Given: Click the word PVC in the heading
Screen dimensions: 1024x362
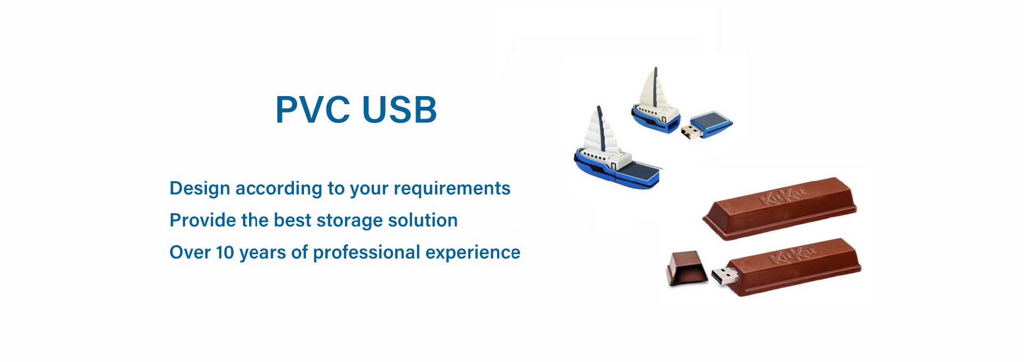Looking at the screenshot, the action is pos(313,109).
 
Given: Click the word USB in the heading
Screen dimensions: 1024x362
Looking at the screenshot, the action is pos(399,109).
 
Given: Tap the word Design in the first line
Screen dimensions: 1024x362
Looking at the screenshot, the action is pos(199,189).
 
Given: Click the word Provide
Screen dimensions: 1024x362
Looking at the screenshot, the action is pos(202,220).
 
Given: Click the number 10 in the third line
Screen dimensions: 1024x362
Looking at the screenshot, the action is pos(225,253).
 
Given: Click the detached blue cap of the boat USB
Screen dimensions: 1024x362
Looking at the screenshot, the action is pos(711,123).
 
